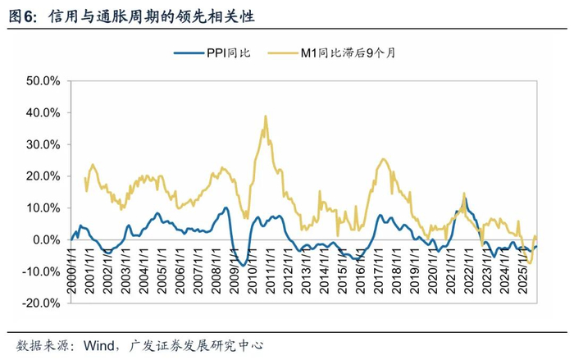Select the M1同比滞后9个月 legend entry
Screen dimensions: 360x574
click(x=343, y=53)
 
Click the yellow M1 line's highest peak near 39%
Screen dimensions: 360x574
click(x=266, y=116)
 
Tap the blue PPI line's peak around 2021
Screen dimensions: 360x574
click(x=465, y=198)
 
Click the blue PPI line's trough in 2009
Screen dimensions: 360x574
click(x=244, y=265)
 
